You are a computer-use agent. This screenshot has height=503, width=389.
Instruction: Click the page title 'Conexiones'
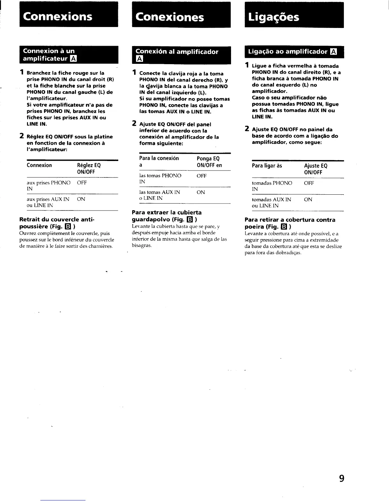tap(170, 17)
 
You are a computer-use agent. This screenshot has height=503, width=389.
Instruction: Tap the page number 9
tap(341, 478)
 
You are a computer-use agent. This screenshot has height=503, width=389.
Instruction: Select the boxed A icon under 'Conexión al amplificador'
tap(139, 59)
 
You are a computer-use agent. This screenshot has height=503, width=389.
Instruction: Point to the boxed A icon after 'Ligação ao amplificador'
tap(333, 52)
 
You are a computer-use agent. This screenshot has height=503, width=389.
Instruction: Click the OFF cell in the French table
tap(82, 183)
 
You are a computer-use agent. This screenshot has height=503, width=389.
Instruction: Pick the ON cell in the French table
tap(81, 199)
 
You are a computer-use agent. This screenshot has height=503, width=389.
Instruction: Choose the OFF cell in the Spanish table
tap(201, 176)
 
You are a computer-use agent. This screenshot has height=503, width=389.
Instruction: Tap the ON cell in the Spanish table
tap(201, 192)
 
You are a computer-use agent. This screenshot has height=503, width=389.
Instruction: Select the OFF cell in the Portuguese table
tap(309, 183)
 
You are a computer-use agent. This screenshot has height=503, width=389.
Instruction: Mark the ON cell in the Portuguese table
tap(308, 199)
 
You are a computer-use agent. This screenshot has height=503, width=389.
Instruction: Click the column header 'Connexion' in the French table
tap(39, 165)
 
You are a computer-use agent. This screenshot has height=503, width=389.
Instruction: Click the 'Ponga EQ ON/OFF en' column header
tap(209, 162)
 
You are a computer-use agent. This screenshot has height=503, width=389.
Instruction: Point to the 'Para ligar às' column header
tap(267, 166)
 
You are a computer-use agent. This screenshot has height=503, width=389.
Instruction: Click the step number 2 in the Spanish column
tap(134, 124)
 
